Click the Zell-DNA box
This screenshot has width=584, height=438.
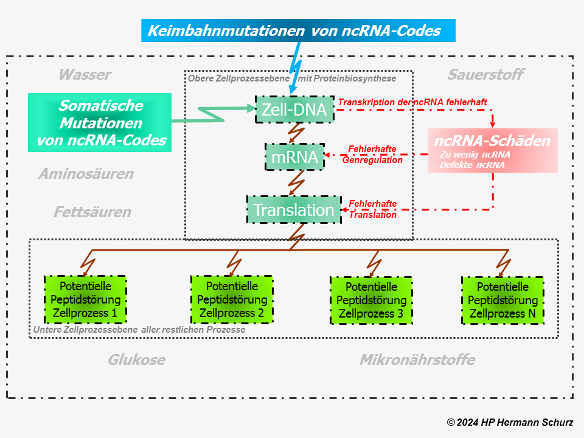(x=294, y=109)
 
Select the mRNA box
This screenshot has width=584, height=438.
(x=294, y=157)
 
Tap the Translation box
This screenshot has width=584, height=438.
(x=294, y=210)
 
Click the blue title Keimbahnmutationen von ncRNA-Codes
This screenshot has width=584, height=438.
(x=298, y=30)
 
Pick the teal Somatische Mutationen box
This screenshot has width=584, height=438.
(x=100, y=123)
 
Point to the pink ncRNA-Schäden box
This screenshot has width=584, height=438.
(x=492, y=150)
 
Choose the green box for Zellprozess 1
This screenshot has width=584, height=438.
(x=85, y=300)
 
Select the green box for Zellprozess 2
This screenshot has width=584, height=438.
(x=232, y=300)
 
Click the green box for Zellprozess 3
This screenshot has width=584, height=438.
(x=371, y=301)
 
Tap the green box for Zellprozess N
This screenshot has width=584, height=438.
(x=502, y=301)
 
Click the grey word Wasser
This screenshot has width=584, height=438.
(x=85, y=75)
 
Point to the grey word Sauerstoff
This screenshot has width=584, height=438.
(x=485, y=75)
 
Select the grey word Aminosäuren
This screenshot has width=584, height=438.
(x=86, y=174)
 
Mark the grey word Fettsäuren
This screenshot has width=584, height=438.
(x=92, y=212)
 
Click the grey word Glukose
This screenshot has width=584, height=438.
(x=136, y=360)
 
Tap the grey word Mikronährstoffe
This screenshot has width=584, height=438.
(x=417, y=360)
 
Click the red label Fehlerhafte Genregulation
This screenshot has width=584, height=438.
(x=372, y=155)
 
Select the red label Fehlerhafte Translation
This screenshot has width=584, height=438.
(x=372, y=209)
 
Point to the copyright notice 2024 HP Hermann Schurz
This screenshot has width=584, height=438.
(x=510, y=422)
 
